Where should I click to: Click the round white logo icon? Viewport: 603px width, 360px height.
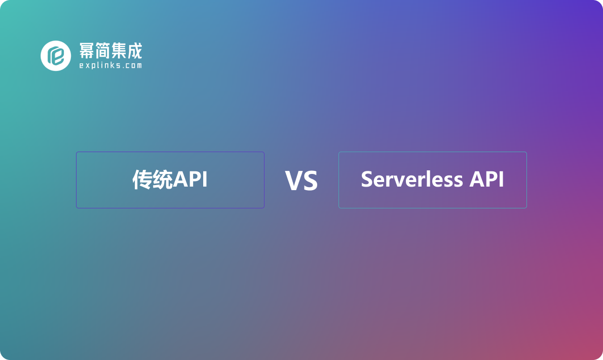tap(56, 55)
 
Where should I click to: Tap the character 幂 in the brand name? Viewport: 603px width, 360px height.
tap(87, 51)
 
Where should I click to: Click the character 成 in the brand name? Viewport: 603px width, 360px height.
tap(134, 51)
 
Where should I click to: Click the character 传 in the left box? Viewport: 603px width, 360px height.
tap(142, 180)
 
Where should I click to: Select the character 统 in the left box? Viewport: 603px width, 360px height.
tap(163, 180)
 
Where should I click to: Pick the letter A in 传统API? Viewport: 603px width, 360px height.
tap(180, 180)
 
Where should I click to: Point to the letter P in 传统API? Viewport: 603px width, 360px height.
tap(194, 180)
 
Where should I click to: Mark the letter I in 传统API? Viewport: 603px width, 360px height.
tap(204, 180)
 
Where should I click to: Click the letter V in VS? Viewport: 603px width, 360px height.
tap(293, 181)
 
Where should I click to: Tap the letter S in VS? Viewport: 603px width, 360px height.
tap(310, 181)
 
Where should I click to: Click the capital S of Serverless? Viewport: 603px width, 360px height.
tap(367, 179)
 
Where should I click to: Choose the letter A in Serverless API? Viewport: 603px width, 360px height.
tap(478, 179)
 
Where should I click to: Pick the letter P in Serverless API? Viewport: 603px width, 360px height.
tap(491, 179)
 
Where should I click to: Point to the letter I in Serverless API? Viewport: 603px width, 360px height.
tap(501, 179)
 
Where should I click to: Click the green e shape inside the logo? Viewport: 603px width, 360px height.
tap(56, 56)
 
